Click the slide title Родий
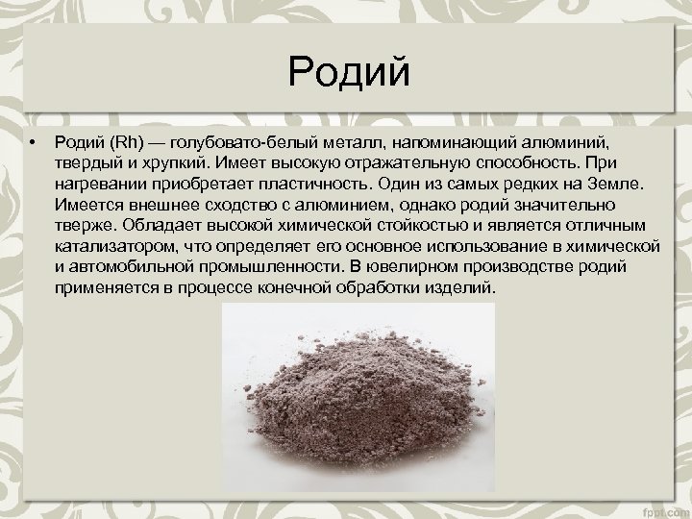(x=348, y=71)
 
